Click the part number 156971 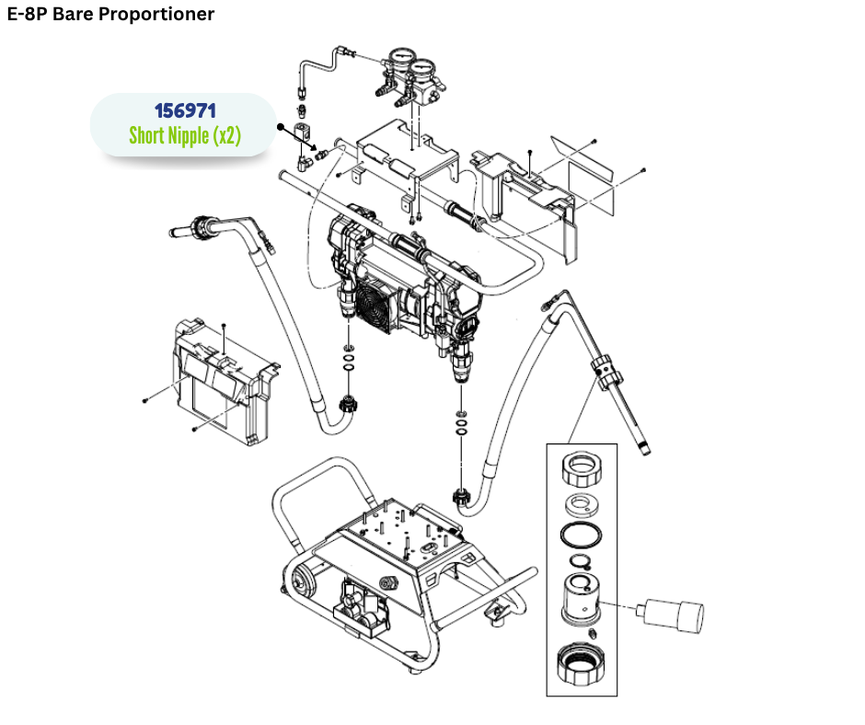point(185,111)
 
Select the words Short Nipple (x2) point(185,136)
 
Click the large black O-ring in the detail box point(581,535)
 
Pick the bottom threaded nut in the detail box point(582,665)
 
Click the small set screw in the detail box point(594,634)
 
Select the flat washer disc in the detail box point(582,503)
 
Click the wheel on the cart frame point(299,581)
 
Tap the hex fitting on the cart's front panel point(386,582)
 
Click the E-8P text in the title point(28,14)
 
